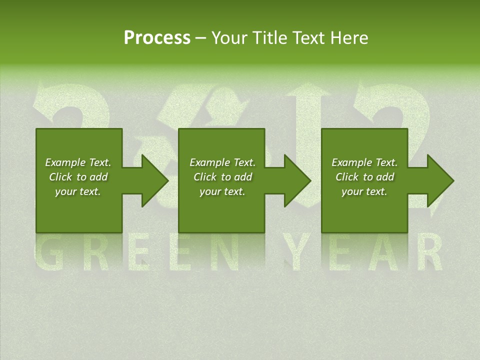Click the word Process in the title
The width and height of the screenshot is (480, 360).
(x=157, y=38)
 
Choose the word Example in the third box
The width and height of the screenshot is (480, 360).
(x=351, y=162)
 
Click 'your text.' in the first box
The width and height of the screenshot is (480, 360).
(x=78, y=191)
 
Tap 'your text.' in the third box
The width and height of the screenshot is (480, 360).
(x=364, y=191)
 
